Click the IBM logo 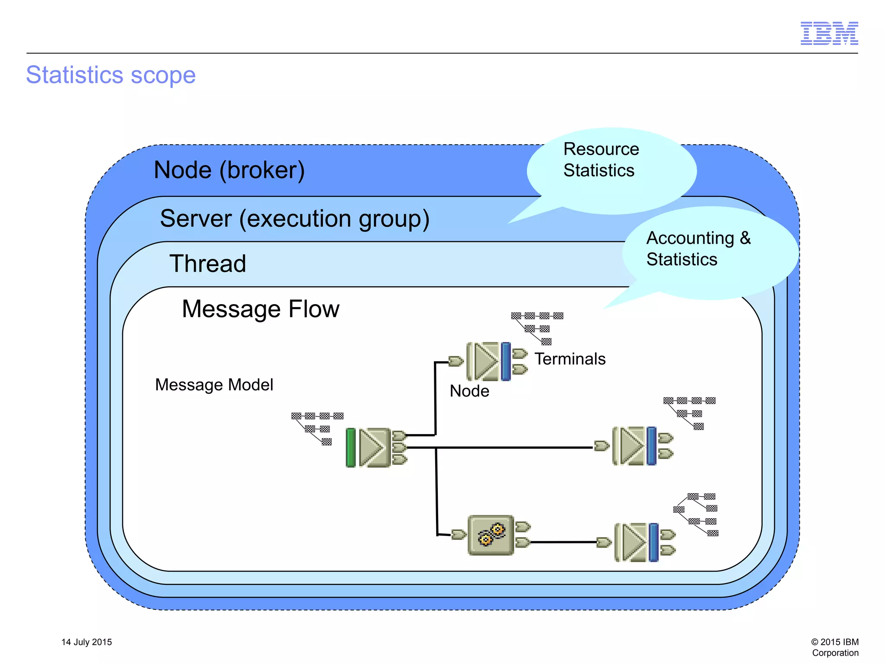coord(829,33)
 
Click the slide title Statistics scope coord(111,75)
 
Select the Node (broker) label coord(229,170)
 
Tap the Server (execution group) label coord(295,218)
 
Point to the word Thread coord(207,263)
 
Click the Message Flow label coord(261,309)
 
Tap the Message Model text coord(214,384)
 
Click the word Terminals coord(570,359)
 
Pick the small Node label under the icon coord(469,391)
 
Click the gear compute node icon coord(491,535)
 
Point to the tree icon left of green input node coord(317,428)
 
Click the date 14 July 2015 coord(86,642)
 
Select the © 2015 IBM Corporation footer coord(834,647)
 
